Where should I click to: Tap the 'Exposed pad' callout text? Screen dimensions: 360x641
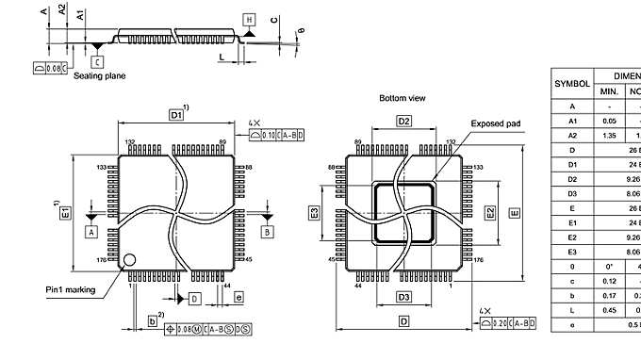coord(496,123)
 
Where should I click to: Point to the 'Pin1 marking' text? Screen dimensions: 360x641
coord(70,289)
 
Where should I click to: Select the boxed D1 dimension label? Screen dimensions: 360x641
coord(175,114)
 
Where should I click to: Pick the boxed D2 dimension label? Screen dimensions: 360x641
coord(403,122)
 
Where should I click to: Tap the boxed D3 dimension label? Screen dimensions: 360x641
coord(403,297)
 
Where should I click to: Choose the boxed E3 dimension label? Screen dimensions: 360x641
coord(314,213)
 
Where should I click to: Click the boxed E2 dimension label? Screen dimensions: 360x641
coord(490,212)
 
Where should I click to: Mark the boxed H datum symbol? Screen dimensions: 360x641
coord(249,20)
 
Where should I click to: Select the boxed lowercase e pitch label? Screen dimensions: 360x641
coord(238,298)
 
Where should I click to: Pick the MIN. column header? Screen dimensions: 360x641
coord(609,91)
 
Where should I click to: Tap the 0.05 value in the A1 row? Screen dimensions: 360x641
coord(609,121)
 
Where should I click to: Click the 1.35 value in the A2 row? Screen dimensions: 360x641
coord(609,135)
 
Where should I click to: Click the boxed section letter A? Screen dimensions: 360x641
coord(91,230)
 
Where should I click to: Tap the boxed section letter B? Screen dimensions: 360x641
coord(267,230)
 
